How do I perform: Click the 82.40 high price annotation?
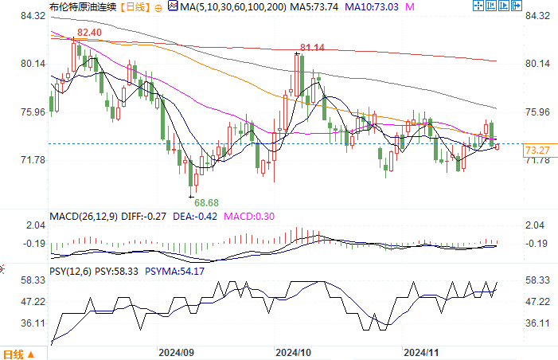(x=89, y=33)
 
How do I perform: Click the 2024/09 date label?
(x=177, y=351)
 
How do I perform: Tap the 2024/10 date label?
(x=293, y=351)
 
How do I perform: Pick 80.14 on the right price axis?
(x=540, y=64)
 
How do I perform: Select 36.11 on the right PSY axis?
(x=540, y=323)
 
